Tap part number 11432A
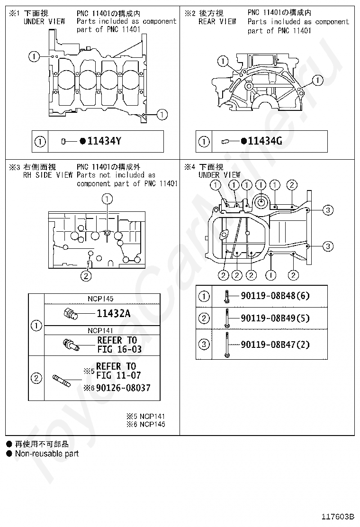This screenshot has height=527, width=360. point(114,313)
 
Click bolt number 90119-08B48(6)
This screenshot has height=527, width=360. point(275,296)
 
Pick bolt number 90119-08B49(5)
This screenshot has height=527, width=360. point(275,318)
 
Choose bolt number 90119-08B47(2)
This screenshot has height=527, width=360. point(275,345)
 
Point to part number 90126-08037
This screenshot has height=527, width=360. point(121,388)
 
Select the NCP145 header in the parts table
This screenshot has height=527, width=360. point(100,299)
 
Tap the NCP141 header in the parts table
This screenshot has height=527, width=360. point(100,330)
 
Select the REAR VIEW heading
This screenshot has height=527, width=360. point(217,21)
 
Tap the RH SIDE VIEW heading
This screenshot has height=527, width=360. point(48,175)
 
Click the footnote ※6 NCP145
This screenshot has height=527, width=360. point(145,424)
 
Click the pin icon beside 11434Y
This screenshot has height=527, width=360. point(66,141)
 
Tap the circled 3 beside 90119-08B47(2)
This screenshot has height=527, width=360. point(203,345)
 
